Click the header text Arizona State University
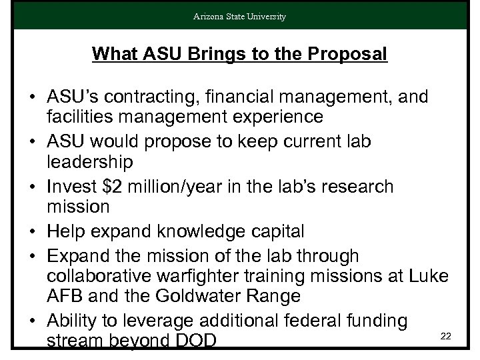[240, 17]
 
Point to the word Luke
[436, 276]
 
